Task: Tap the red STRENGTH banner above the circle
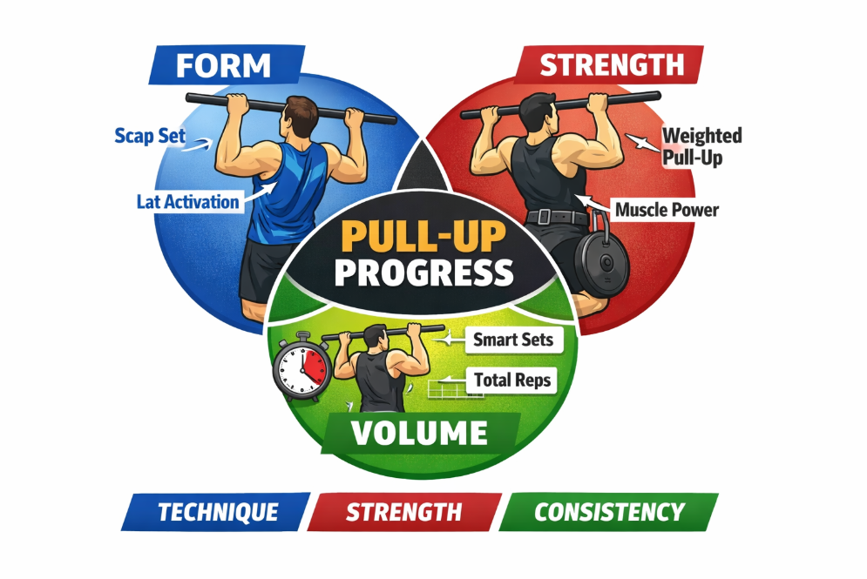pyautogui.click(x=612, y=64)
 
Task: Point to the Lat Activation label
pyautogui.click(x=187, y=201)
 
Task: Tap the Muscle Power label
pyautogui.click(x=667, y=209)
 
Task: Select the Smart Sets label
pyautogui.click(x=513, y=340)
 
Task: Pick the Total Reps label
pyautogui.click(x=513, y=380)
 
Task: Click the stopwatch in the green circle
pyautogui.click(x=300, y=367)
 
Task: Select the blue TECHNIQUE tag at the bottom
pyautogui.click(x=218, y=512)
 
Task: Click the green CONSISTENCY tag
pyautogui.click(x=609, y=512)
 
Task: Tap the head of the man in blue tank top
pyautogui.click(x=302, y=114)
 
